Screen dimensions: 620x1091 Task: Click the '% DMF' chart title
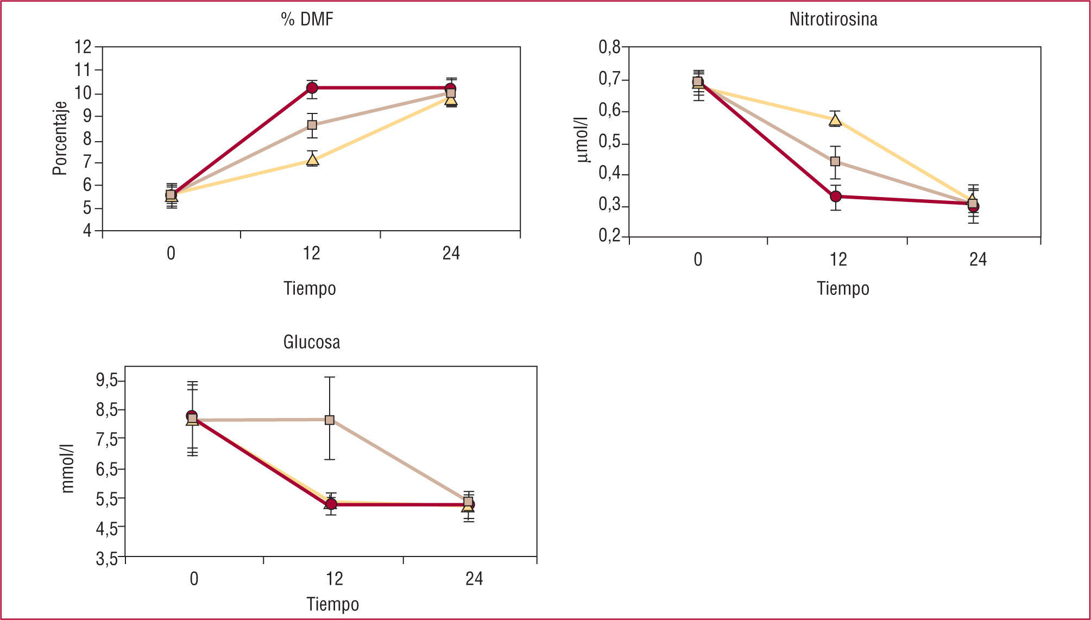(307, 20)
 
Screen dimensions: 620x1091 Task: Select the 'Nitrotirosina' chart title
(833, 20)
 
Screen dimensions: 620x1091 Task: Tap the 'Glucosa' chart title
(312, 342)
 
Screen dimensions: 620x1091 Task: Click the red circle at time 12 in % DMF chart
(312, 88)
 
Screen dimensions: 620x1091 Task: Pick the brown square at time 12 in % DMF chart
(312, 125)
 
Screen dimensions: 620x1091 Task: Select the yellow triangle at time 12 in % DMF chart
(312, 160)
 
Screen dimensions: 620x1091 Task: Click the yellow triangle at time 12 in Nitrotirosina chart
(835, 120)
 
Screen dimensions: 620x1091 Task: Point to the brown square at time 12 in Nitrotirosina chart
(835, 161)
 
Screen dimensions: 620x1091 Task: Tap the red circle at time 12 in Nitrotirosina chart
(836, 196)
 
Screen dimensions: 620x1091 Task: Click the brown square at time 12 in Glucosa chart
(330, 420)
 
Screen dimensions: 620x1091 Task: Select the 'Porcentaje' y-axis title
(60, 138)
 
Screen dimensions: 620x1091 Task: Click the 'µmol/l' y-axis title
(583, 140)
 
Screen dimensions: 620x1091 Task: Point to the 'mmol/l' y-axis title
(67, 468)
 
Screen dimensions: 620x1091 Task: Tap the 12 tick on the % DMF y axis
(83, 47)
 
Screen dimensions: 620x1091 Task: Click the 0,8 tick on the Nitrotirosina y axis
(609, 48)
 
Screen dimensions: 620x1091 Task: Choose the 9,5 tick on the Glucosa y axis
(107, 381)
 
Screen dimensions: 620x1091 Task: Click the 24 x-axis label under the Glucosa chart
(474, 579)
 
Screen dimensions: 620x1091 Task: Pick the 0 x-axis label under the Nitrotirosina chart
(698, 260)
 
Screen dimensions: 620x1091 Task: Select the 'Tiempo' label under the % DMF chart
(310, 288)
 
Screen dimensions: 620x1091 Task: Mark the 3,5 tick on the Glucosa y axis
(107, 558)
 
